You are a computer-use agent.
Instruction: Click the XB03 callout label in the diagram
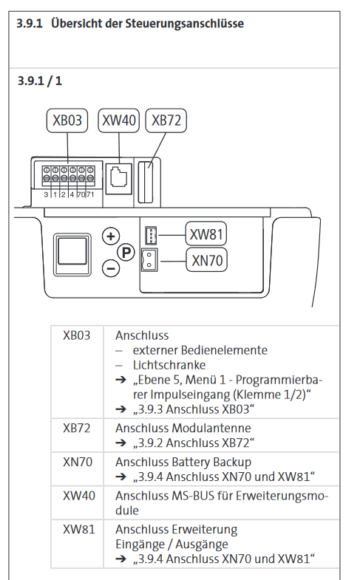(67, 120)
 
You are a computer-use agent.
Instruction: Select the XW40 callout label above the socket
(119, 120)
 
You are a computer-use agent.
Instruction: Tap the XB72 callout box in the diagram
(166, 120)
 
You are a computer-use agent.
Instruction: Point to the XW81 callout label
(206, 234)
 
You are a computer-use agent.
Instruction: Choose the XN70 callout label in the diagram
(206, 260)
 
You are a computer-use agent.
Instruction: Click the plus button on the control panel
(111, 236)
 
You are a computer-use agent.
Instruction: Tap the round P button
(126, 253)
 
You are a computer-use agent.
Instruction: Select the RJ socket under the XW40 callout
(119, 179)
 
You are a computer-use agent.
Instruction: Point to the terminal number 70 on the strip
(81, 194)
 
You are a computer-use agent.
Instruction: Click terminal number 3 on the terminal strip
(46, 194)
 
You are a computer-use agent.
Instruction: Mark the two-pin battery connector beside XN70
(149, 259)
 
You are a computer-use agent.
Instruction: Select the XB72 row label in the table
(77, 429)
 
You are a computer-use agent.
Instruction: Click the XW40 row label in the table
(79, 496)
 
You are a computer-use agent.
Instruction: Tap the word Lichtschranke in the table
(169, 365)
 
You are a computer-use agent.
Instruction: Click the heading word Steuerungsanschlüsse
(184, 24)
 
